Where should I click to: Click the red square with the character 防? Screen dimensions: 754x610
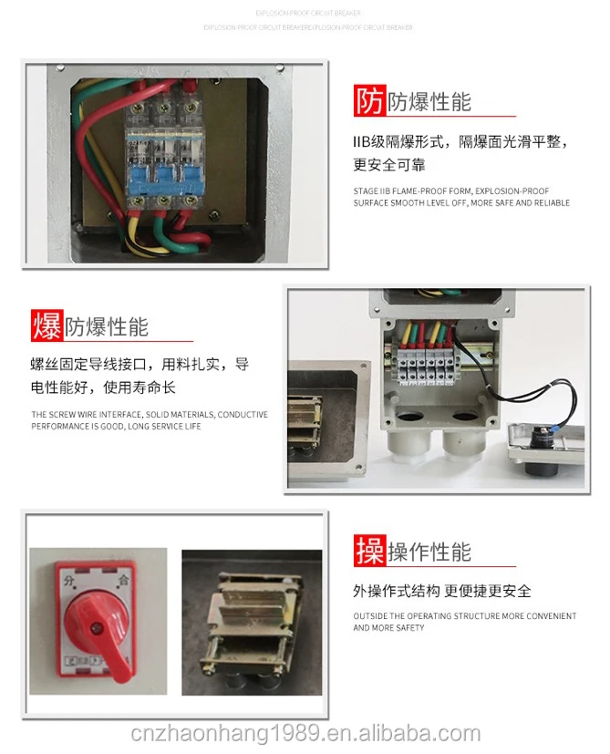369,101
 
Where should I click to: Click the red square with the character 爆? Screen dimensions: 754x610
47,325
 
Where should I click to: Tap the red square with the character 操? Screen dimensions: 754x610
370,551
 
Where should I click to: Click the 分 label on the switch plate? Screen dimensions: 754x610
69,579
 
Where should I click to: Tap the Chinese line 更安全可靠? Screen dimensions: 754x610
389,165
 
